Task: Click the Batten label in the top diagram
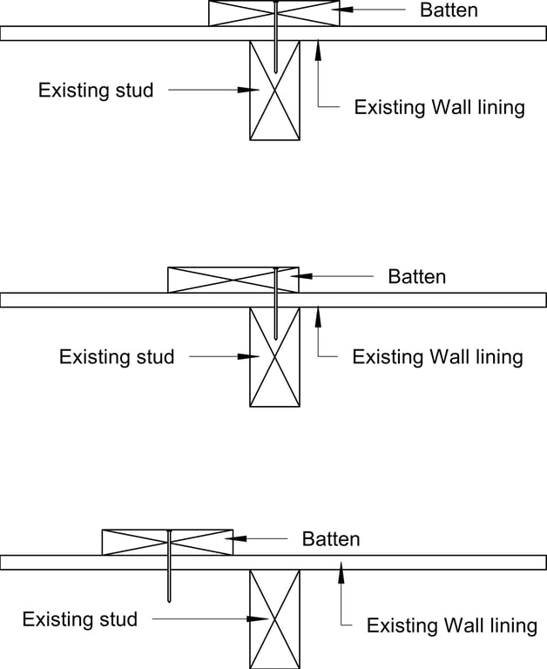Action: (449, 10)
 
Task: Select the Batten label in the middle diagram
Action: (416, 277)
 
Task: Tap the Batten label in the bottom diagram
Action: (331, 539)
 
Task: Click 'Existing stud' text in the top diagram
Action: (96, 90)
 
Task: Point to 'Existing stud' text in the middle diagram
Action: (117, 356)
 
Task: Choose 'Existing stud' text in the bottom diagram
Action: (80, 619)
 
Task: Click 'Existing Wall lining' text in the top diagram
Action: (439, 108)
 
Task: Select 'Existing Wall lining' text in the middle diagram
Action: (437, 357)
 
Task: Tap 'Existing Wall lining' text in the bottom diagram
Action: (451, 625)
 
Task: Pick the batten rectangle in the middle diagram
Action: (233, 280)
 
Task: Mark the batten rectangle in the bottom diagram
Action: (167, 542)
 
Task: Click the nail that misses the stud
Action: (168, 575)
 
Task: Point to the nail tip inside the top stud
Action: (274, 70)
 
